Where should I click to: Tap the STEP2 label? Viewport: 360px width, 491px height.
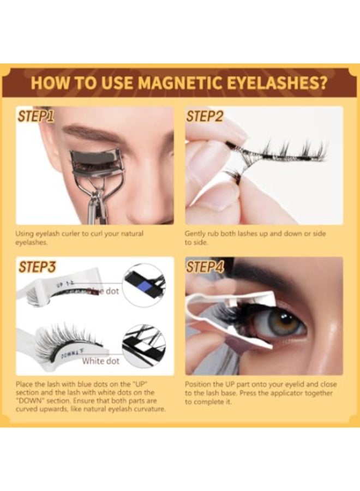(x=205, y=116)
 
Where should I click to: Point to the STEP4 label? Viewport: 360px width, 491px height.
(x=206, y=267)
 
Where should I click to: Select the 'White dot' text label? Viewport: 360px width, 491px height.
(x=100, y=361)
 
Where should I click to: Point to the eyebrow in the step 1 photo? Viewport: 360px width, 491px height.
(x=93, y=133)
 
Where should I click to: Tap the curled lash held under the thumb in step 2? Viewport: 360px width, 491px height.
(x=232, y=175)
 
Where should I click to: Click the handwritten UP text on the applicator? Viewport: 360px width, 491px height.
(x=61, y=284)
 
